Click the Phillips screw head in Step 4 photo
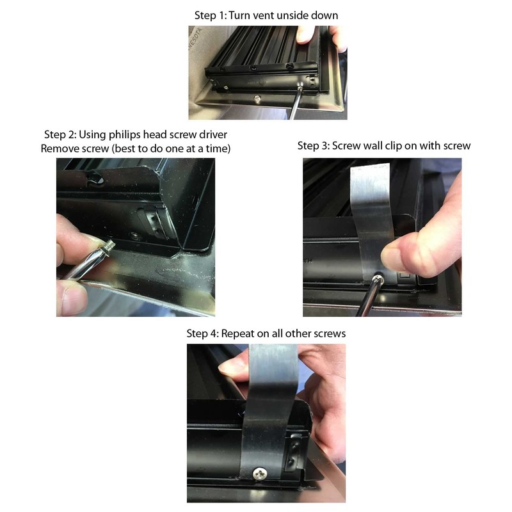pyautogui.click(x=261, y=474)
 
